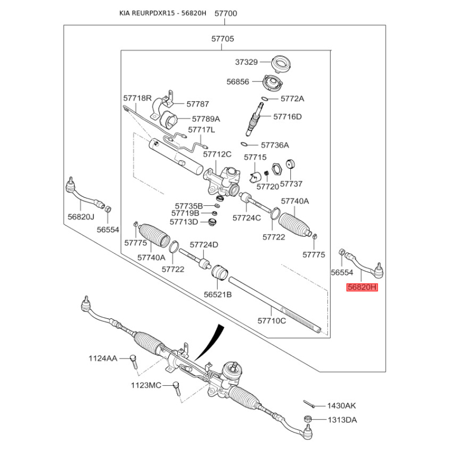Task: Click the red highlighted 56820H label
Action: [362, 287]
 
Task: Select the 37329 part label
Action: [246, 62]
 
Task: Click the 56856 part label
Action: [238, 82]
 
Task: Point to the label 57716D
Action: [287, 117]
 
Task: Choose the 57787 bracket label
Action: [197, 104]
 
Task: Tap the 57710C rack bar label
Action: [272, 321]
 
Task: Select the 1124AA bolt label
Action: [102, 358]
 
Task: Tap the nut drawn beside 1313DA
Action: [308, 419]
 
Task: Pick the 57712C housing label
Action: [217, 154]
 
